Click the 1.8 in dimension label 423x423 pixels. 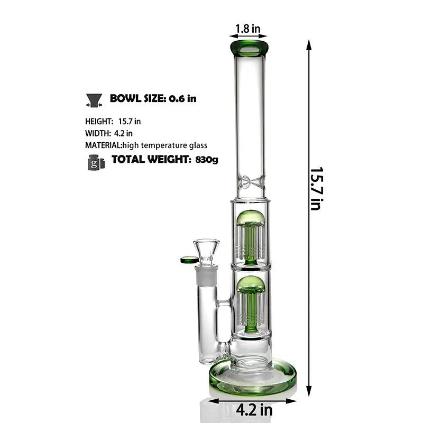point(247,29)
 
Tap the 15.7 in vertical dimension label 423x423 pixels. point(316,189)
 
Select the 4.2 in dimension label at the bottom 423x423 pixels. point(254,410)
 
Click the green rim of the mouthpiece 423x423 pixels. point(249,49)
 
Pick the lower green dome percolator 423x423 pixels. point(251,284)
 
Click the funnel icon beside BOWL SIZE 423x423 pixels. point(94,100)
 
